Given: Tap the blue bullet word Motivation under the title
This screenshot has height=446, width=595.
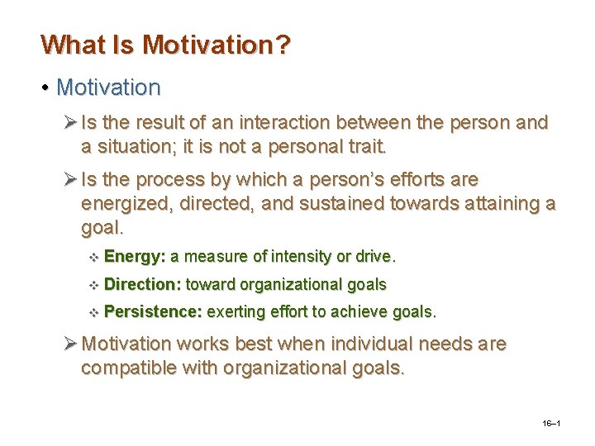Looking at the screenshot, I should tap(108, 86).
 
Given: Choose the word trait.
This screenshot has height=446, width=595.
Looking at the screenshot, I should tap(367, 148).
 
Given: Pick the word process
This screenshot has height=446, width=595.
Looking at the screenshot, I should tap(183, 180).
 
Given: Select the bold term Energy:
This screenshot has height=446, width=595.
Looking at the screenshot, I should tap(135, 257).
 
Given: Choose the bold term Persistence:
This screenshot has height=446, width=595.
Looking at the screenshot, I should tap(153, 312).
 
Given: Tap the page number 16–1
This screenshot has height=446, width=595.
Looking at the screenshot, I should tap(552, 423).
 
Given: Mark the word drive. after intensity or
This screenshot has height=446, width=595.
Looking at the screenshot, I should tap(376, 257).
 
